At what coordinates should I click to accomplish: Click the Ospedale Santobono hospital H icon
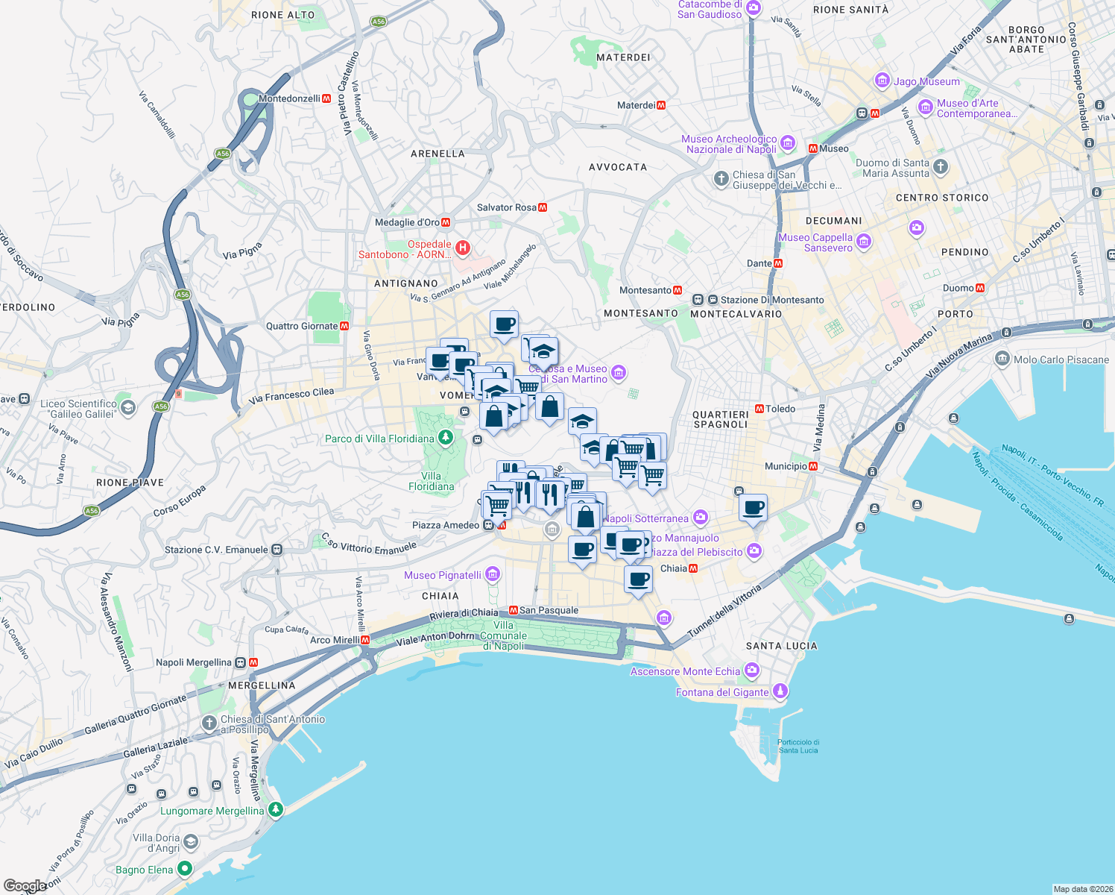(462, 248)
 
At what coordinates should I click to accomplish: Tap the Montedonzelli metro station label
(289, 98)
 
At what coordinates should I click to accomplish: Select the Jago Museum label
(926, 81)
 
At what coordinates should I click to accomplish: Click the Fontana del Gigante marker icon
(780, 691)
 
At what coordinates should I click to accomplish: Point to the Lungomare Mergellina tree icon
(276, 810)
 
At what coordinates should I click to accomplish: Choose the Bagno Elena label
(145, 870)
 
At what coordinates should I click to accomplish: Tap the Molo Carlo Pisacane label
(1061, 359)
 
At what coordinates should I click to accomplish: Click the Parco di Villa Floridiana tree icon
(446, 438)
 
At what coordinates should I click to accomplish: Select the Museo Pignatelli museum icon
(492, 574)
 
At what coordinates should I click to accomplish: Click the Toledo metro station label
(780, 409)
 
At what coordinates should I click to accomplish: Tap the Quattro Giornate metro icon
(344, 326)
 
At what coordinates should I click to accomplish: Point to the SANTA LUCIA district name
(781, 646)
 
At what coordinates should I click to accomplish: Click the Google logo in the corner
(25, 885)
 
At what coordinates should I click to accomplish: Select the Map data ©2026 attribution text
(1081, 889)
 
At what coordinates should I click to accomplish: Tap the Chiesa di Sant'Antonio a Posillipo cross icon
(209, 723)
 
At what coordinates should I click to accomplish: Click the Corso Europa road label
(179, 501)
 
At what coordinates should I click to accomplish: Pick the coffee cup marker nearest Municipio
(754, 508)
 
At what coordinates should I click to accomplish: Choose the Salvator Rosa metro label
(506, 207)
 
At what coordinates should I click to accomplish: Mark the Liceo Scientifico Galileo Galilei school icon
(128, 407)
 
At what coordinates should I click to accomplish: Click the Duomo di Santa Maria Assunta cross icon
(941, 167)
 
